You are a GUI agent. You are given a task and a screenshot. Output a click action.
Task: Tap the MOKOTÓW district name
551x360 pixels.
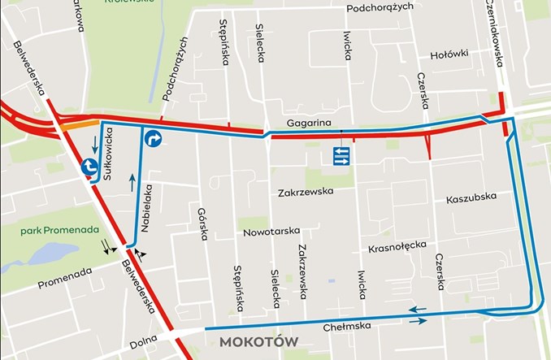[258, 342]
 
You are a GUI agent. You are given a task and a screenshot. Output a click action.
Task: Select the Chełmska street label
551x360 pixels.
[347, 327]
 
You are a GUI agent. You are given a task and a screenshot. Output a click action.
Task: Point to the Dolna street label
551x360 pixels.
[143, 345]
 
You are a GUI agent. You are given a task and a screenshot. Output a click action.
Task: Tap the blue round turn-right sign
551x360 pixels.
[154, 140]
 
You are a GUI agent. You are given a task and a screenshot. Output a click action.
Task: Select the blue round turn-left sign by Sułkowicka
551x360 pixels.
[89, 167]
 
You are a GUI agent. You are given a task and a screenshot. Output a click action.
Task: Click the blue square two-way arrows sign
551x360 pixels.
[341, 156]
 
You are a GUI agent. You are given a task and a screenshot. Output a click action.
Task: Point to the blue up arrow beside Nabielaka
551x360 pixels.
[132, 181]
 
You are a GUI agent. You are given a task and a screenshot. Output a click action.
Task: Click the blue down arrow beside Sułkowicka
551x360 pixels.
[96, 145]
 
